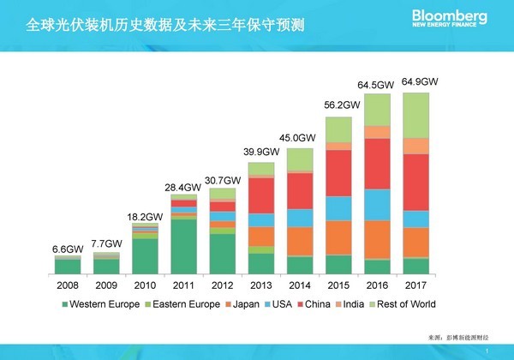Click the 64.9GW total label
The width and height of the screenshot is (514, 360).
click(420, 82)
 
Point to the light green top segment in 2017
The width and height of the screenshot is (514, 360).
click(416, 115)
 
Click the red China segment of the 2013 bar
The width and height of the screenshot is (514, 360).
click(261, 195)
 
